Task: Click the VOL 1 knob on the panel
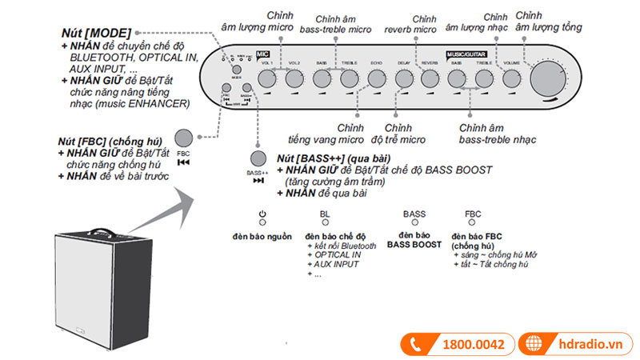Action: [x=266, y=78]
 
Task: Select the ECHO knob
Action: [x=377, y=78]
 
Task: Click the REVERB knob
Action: [x=429, y=78]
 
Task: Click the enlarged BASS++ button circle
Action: [x=258, y=158]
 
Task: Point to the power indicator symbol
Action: [x=262, y=214]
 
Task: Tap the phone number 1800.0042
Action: [x=473, y=344]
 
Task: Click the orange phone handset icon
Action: [x=416, y=344]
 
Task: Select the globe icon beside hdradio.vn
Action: [x=534, y=344]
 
